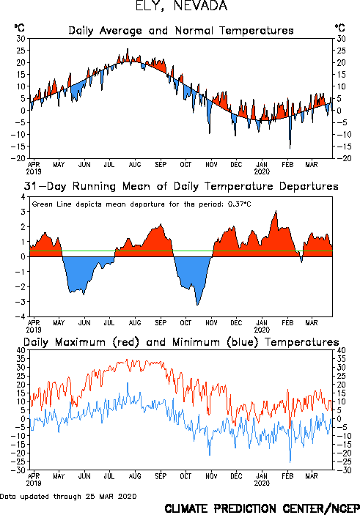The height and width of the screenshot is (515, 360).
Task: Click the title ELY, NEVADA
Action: (181, 6)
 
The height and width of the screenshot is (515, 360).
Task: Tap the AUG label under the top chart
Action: (135, 164)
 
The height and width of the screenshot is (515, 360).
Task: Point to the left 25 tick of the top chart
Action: (21, 51)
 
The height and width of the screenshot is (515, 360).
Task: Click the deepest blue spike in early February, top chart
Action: (290, 149)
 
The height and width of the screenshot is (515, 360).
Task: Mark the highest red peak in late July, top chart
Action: (128, 49)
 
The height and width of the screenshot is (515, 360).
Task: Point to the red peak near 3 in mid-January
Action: (276, 211)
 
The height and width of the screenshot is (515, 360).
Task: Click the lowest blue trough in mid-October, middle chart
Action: (197, 305)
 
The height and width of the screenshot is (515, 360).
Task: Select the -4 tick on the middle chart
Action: (23, 316)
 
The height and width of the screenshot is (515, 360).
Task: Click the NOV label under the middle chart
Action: (211, 323)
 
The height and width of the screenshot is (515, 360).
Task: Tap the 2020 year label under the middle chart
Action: (262, 330)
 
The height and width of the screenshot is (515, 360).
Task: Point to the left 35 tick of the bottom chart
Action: (21, 359)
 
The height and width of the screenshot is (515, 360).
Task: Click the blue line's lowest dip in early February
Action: (290, 462)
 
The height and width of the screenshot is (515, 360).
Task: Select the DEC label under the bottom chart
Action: (236, 476)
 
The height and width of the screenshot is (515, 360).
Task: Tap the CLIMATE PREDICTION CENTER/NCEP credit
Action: (262, 508)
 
